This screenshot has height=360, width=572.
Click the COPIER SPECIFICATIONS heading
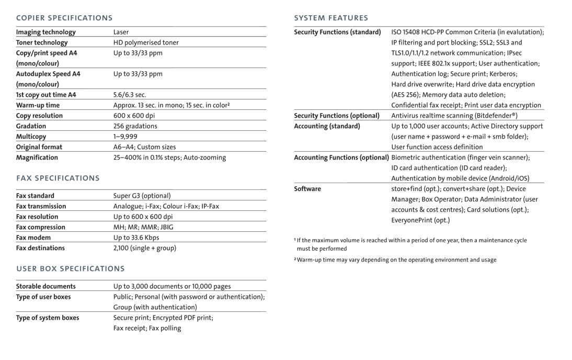64,18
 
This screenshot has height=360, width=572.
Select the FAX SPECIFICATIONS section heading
58,178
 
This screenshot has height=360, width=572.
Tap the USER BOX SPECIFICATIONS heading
71,268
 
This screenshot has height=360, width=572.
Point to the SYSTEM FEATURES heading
331,18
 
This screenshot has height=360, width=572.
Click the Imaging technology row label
46,32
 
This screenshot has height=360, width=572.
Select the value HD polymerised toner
146,43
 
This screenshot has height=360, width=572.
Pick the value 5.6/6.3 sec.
130,95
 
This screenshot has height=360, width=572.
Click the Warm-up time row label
38,105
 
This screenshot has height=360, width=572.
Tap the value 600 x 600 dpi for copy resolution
134,116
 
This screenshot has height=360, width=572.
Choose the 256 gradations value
135,126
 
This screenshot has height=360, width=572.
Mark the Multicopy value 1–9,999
125,137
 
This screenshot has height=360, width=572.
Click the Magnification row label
37,157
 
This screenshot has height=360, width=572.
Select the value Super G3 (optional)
142,196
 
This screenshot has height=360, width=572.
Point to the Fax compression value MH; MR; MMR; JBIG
143,227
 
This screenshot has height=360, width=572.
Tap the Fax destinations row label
41,248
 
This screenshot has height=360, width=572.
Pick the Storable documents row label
46,286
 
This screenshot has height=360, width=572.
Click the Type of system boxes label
48,318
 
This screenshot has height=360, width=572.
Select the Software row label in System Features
307,189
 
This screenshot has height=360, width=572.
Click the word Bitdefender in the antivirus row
495,116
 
